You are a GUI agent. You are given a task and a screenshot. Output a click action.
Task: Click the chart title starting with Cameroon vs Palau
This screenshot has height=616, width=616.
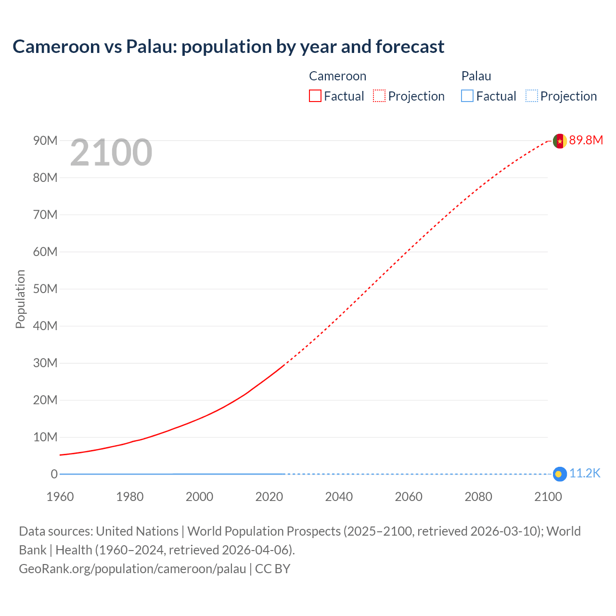point(228,47)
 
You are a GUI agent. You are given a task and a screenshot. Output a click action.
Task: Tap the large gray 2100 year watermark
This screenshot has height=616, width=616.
point(111,153)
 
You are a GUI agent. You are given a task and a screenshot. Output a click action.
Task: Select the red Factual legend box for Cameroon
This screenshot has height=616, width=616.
point(315,96)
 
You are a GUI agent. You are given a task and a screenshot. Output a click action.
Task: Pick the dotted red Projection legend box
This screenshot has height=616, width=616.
point(379,96)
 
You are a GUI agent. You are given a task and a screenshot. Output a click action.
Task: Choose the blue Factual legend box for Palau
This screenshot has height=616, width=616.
point(467,96)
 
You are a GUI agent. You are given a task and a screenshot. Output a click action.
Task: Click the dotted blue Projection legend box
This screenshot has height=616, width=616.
point(531,96)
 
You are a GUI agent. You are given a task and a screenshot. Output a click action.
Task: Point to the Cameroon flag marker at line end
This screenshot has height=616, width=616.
point(559,141)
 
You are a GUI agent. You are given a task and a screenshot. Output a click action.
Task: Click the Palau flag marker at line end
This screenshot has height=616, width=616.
point(559,474)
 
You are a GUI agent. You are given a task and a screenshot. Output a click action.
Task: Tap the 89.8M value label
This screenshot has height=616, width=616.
point(586,140)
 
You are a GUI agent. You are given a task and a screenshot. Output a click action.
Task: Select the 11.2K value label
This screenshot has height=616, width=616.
point(585,474)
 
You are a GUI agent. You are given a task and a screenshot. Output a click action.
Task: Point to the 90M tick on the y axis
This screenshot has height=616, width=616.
point(45,141)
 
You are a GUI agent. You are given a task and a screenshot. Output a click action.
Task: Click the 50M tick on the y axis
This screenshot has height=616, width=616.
point(45,289)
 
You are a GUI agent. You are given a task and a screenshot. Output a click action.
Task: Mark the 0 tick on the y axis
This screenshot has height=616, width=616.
point(54,474)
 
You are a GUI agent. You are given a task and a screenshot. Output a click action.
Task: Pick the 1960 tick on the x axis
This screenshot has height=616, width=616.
point(60,497)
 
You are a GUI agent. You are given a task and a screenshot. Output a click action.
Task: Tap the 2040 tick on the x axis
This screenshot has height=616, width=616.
point(339,497)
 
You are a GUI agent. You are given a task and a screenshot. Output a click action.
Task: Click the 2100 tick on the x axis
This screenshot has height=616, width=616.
point(548,497)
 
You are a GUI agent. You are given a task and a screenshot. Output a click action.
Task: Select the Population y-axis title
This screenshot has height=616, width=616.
point(20,299)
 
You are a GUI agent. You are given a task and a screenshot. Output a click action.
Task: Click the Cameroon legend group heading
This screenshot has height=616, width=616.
point(337,76)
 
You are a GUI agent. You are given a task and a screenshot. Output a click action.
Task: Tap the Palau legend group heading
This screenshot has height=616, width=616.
point(476,76)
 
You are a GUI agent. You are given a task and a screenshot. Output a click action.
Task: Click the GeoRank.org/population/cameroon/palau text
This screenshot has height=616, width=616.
point(132,569)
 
